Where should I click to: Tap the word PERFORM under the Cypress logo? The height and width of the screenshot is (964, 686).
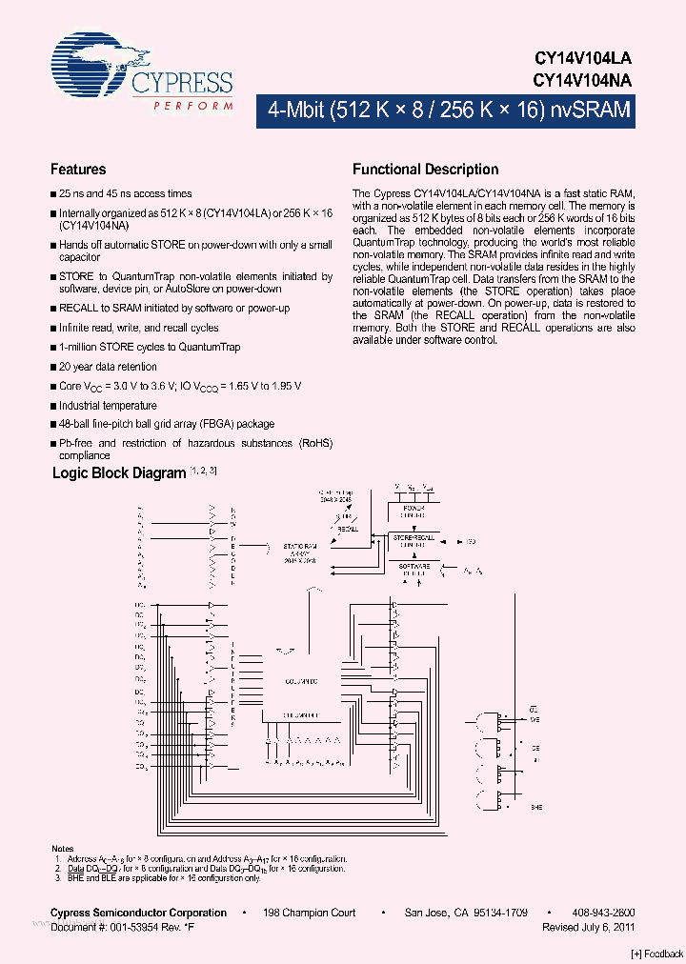tap(193, 105)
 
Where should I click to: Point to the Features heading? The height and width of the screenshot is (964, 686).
tap(78, 170)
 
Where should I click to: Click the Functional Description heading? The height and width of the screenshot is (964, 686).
tap(425, 170)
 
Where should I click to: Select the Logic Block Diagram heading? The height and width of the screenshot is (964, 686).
tap(119, 472)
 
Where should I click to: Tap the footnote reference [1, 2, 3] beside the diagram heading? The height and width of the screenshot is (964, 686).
tap(203, 471)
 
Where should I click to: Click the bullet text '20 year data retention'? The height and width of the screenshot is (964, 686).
tap(108, 367)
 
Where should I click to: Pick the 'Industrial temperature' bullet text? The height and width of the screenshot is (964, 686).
tap(109, 405)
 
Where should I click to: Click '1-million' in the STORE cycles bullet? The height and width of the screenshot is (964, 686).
tap(79, 347)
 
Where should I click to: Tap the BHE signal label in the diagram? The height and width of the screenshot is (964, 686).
tap(536, 807)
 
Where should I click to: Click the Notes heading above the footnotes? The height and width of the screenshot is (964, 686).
tap(62, 849)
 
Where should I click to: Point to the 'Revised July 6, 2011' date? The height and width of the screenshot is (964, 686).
tap(588, 927)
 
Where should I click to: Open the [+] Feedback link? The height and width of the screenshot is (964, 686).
tap(657, 954)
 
